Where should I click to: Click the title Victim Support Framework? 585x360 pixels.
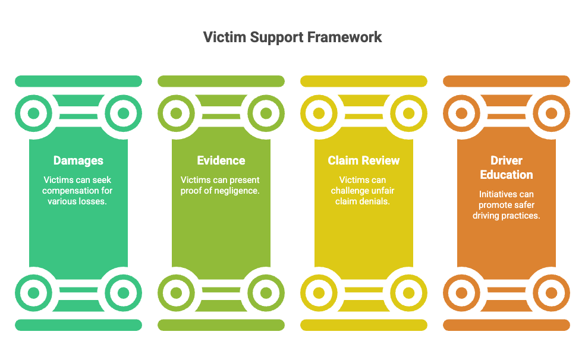pyautogui.click(x=292, y=37)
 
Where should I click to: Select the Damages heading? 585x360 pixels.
pyautogui.click(x=78, y=160)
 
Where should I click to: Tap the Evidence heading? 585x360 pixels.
pyautogui.click(x=221, y=160)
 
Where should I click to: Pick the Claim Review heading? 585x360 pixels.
pyautogui.click(x=364, y=160)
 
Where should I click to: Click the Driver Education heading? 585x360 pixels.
pyautogui.click(x=507, y=168)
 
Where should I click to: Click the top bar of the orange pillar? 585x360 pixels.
pyautogui.click(x=507, y=81)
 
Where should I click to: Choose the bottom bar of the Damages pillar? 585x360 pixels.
pyautogui.click(x=78, y=325)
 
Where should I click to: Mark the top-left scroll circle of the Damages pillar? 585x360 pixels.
pyautogui.click(x=33, y=113)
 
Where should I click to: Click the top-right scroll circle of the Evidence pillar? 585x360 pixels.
pyautogui.click(x=266, y=113)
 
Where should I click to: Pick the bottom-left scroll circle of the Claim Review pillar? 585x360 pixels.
pyautogui.click(x=319, y=293)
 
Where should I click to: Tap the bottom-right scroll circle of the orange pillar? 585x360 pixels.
pyautogui.click(x=552, y=293)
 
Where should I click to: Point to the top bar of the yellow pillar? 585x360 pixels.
pyautogui.click(x=364, y=81)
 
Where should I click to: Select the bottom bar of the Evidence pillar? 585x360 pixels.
pyautogui.click(x=221, y=325)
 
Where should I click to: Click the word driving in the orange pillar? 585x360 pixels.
pyautogui.click(x=486, y=216)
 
